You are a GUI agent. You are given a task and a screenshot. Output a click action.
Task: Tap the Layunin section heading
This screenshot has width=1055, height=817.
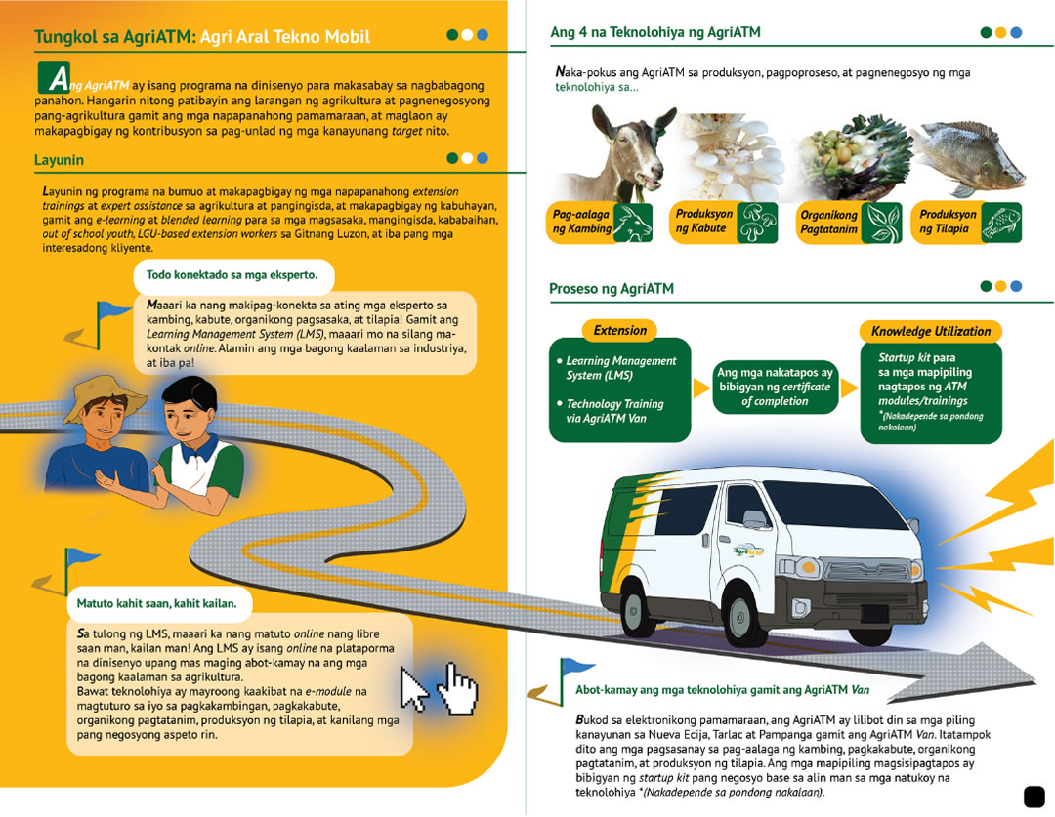[x=60, y=159]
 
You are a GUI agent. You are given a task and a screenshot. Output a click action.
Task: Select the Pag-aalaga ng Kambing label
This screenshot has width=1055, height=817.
[x=582, y=223]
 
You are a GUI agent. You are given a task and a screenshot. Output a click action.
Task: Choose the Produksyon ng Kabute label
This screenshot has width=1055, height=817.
[x=704, y=222]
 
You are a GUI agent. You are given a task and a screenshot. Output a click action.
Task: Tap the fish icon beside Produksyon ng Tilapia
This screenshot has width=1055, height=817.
[x=1000, y=222]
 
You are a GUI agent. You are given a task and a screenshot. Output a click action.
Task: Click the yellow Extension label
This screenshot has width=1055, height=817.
[x=620, y=331]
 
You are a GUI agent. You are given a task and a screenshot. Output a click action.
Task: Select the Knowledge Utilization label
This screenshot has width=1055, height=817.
[x=931, y=332]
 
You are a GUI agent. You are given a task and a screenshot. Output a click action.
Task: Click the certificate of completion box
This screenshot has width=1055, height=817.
[x=774, y=387]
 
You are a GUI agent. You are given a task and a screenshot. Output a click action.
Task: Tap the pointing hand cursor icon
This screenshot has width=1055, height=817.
[x=456, y=687]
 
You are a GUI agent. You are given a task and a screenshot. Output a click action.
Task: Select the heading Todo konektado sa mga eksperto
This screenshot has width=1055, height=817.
[x=225, y=275]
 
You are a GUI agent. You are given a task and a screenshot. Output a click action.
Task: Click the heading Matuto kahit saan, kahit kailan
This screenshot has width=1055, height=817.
[x=156, y=603]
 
